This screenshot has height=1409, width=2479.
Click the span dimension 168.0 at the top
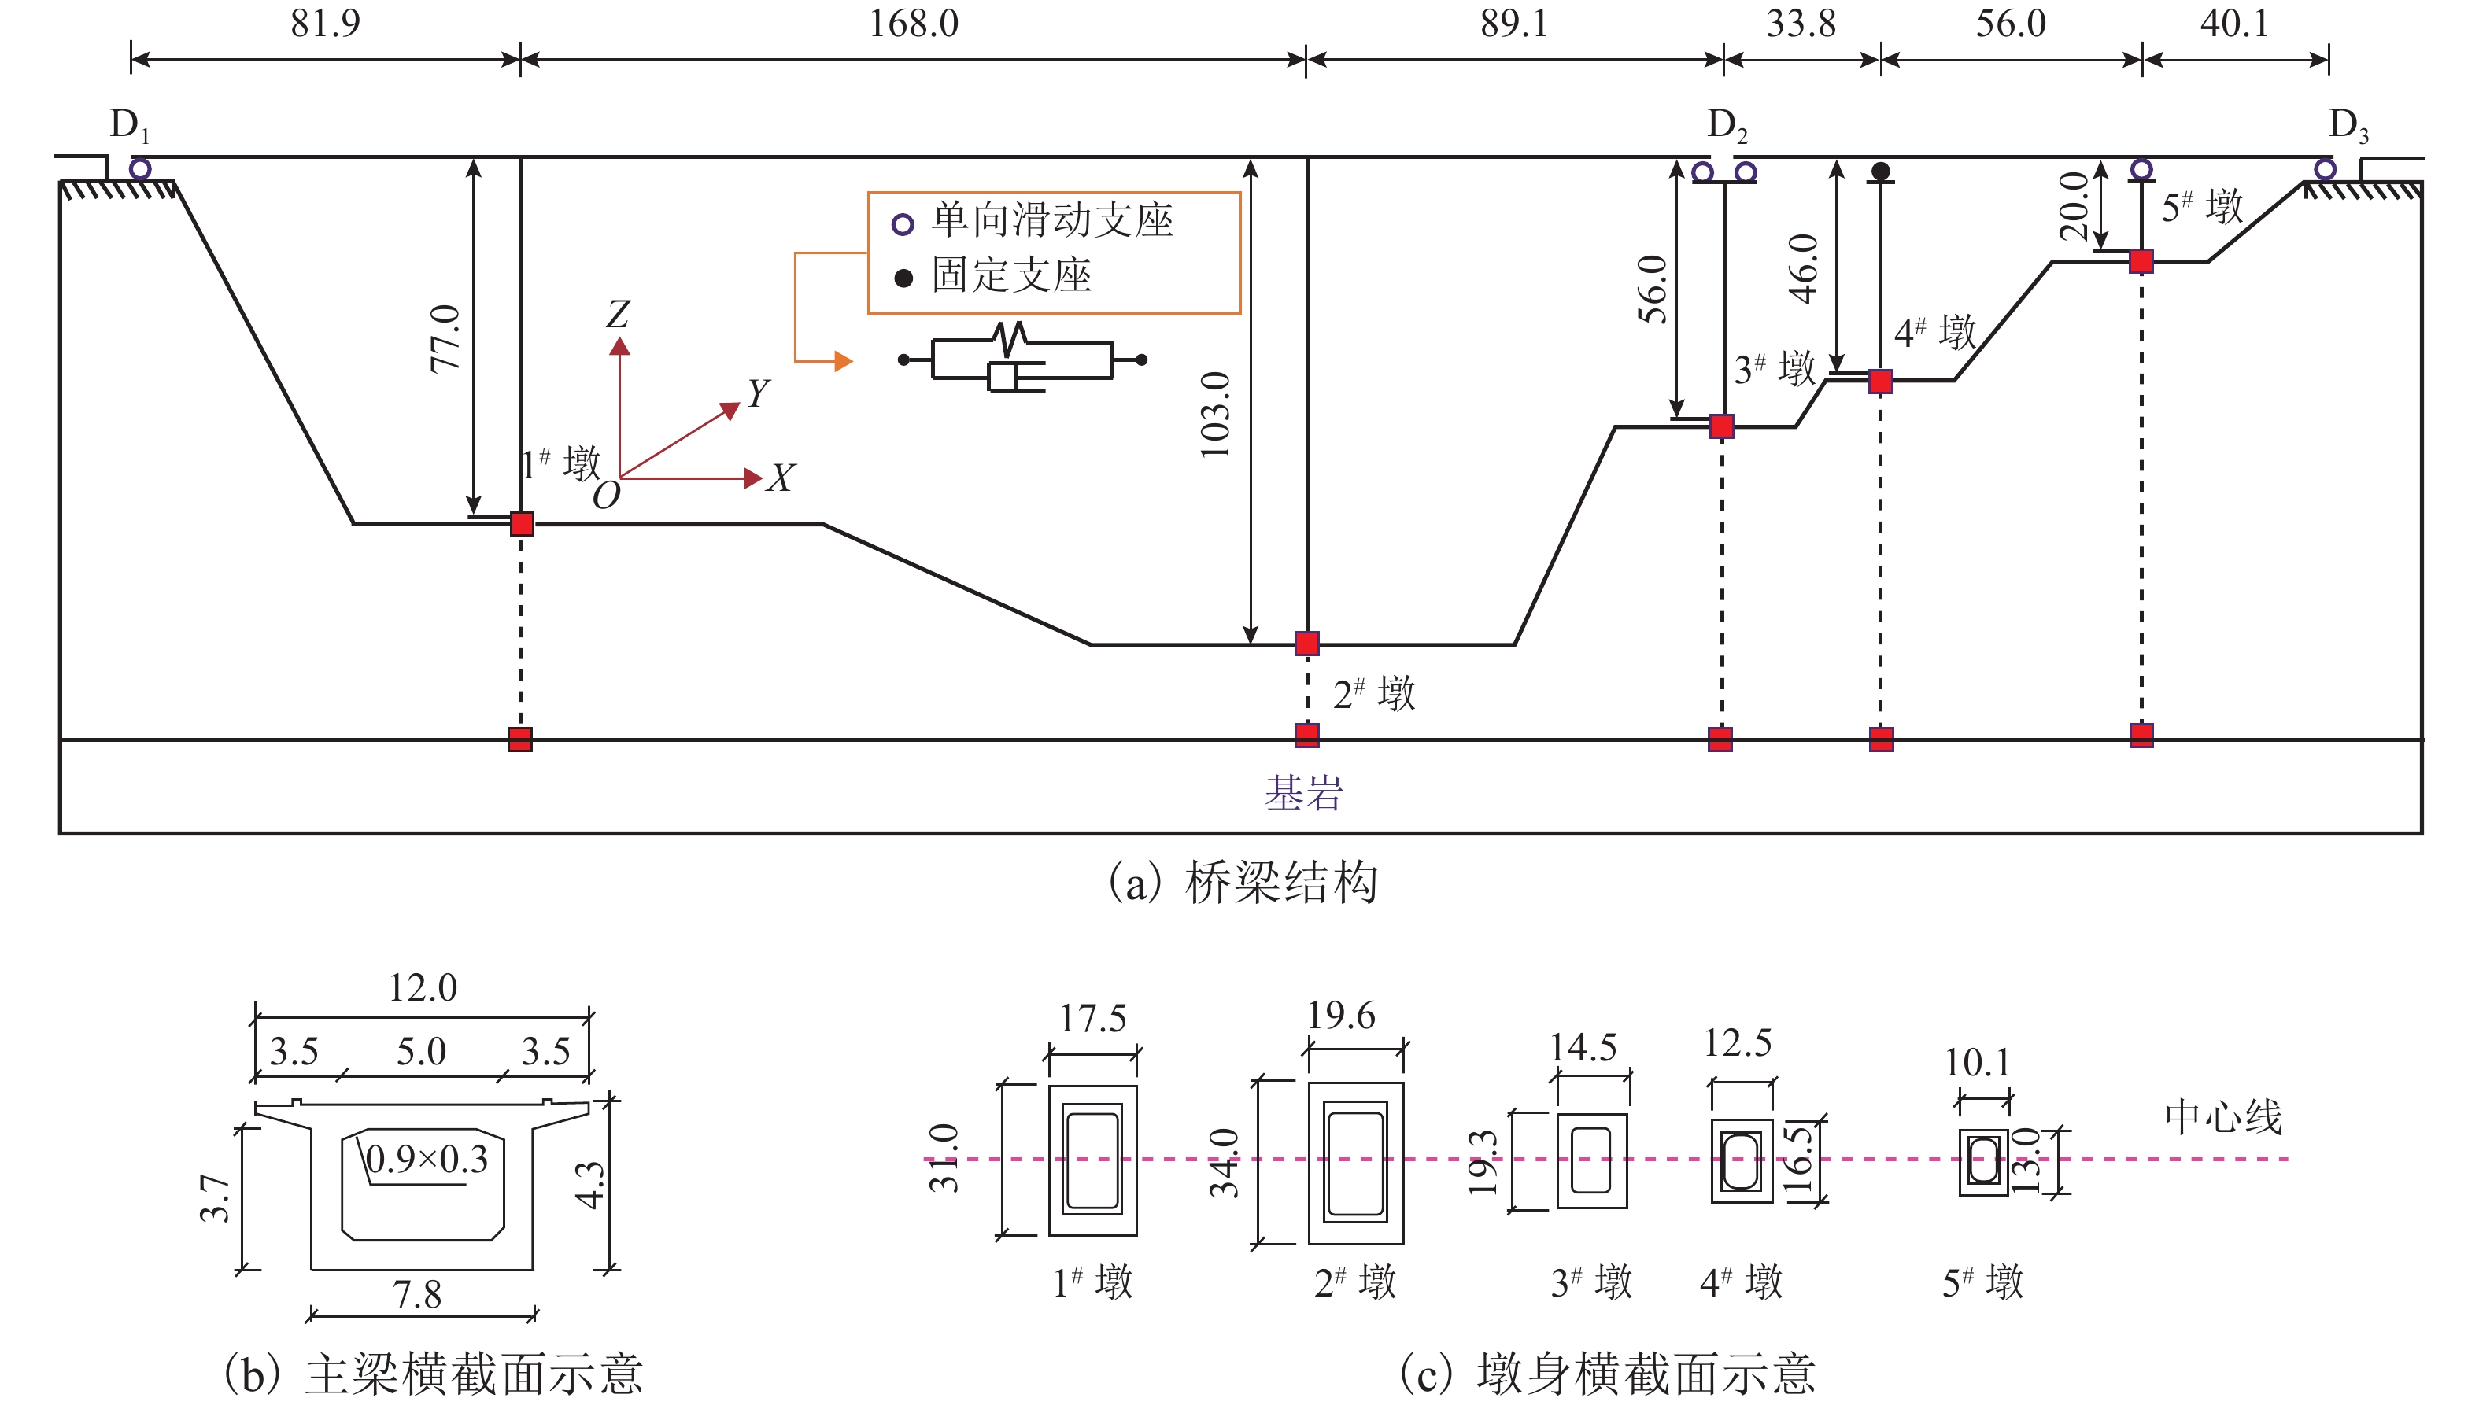(913, 24)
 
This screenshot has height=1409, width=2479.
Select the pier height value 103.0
(1216, 414)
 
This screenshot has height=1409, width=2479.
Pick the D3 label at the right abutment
(2348, 125)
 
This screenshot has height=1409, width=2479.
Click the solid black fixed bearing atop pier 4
(1880, 172)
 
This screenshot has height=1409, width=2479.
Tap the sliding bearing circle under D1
(140, 169)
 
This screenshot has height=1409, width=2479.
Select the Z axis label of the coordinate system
(618, 314)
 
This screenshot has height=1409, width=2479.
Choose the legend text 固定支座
(1011, 276)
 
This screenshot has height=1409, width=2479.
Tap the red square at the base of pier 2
(1306, 644)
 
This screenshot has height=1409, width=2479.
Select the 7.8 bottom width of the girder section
(417, 1295)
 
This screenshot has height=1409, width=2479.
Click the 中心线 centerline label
(2223, 1117)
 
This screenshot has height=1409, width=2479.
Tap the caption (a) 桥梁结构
(1243, 883)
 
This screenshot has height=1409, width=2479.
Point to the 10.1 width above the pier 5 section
(1978, 1063)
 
